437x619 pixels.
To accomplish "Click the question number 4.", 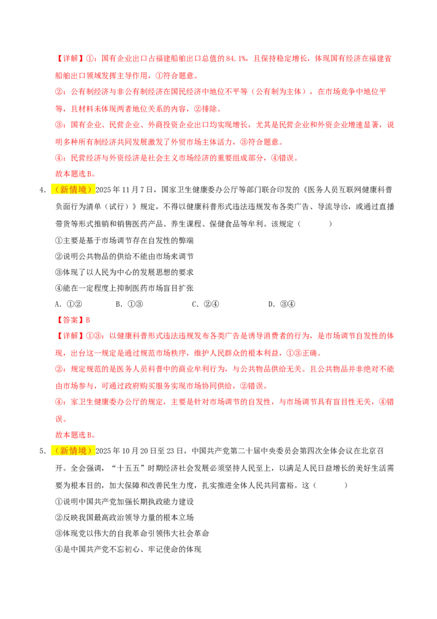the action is [x=42, y=190].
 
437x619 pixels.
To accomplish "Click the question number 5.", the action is [x=42, y=451].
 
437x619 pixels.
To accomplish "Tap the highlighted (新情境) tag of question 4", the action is [x=73, y=190].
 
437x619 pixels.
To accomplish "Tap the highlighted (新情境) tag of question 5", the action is [x=73, y=451].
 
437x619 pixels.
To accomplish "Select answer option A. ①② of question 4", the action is [x=69, y=305].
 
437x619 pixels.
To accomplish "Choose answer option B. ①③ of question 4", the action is [x=129, y=305].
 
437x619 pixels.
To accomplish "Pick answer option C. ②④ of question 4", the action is [x=205, y=305].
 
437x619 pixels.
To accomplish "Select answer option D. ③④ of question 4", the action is [x=282, y=305].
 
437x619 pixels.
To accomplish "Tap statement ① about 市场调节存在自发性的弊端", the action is [x=125, y=241].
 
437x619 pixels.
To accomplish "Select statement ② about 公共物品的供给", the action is [x=125, y=256].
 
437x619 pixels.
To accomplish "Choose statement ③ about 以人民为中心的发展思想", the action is [x=125, y=272].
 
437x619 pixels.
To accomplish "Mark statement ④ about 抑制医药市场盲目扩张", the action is [x=125, y=288].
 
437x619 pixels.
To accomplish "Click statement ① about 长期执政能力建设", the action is [x=125, y=502].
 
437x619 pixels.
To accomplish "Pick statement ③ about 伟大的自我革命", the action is [x=132, y=533].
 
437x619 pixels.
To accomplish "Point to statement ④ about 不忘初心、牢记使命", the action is [x=128, y=549].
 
